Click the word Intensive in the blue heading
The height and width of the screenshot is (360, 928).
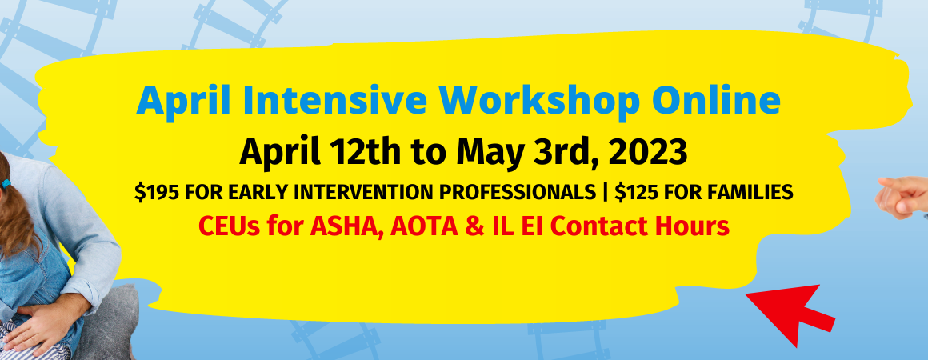pyautogui.click(x=334, y=101)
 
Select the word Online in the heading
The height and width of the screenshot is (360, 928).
pyautogui.click(x=716, y=101)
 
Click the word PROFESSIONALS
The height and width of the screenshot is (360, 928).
pyautogui.click(x=520, y=192)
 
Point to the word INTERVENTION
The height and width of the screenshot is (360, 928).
pyautogui.click(x=374, y=192)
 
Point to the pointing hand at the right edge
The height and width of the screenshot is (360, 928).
pyautogui.click(x=902, y=198)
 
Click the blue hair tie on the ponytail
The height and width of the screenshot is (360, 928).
pyautogui.click(x=6, y=184)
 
